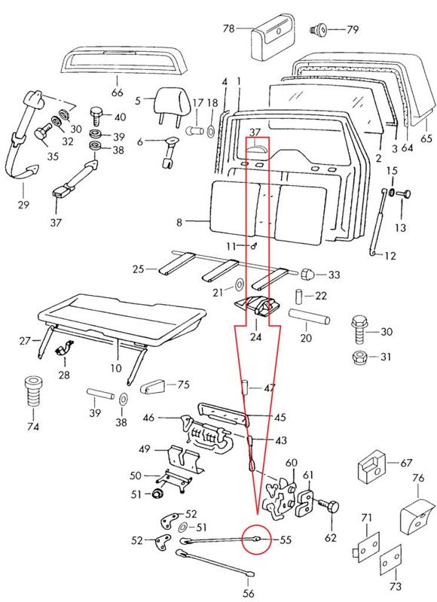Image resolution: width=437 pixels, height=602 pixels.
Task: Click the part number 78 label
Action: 229,29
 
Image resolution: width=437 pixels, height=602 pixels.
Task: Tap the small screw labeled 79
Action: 318,29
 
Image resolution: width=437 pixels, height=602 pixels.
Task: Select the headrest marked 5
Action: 173,104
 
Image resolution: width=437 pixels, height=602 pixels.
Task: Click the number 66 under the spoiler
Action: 118,93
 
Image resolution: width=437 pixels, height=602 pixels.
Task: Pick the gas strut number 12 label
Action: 390,256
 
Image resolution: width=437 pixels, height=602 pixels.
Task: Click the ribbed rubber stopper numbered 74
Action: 33,392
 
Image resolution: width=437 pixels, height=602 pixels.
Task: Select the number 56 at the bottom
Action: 249,593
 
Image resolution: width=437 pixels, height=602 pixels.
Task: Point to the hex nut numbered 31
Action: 360,357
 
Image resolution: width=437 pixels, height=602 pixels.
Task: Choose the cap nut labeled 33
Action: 308,273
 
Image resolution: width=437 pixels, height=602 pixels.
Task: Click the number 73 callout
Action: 396,586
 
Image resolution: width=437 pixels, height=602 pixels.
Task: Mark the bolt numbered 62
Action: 331,506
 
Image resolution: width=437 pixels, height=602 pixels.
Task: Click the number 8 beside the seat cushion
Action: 179,222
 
